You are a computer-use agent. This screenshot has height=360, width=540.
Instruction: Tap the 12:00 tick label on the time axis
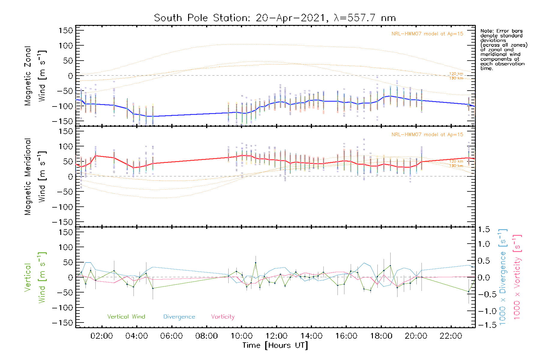click(276, 336)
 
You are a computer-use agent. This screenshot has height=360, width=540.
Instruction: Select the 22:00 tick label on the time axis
click(451, 336)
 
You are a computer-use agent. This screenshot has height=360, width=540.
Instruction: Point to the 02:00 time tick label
click(102, 336)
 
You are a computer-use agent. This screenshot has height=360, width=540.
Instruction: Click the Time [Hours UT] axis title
click(275, 345)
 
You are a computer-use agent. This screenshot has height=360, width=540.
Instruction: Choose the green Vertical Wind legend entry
click(126, 316)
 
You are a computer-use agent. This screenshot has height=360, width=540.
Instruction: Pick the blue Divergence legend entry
click(179, 316)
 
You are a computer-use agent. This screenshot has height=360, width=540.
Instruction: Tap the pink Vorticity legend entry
click(223, 316)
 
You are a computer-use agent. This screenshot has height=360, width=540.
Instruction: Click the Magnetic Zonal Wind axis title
click(35, 76)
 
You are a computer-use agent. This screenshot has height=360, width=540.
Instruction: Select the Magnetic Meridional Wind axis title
click(35, 177)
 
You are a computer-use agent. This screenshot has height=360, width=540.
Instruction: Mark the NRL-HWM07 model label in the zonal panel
click(427, 34)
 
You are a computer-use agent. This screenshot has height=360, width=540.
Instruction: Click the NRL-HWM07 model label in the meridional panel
click(427, 134)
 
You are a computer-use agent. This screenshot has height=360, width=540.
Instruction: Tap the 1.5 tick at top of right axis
click(484, 229)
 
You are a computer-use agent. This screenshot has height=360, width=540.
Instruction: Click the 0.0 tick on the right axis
click(484, 277)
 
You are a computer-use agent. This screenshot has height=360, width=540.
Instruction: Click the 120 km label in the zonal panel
click(456, 73)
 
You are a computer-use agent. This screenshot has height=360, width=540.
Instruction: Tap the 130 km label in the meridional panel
click(456, 166)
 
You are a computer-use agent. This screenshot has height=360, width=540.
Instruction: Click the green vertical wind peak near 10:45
click(256, 263)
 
